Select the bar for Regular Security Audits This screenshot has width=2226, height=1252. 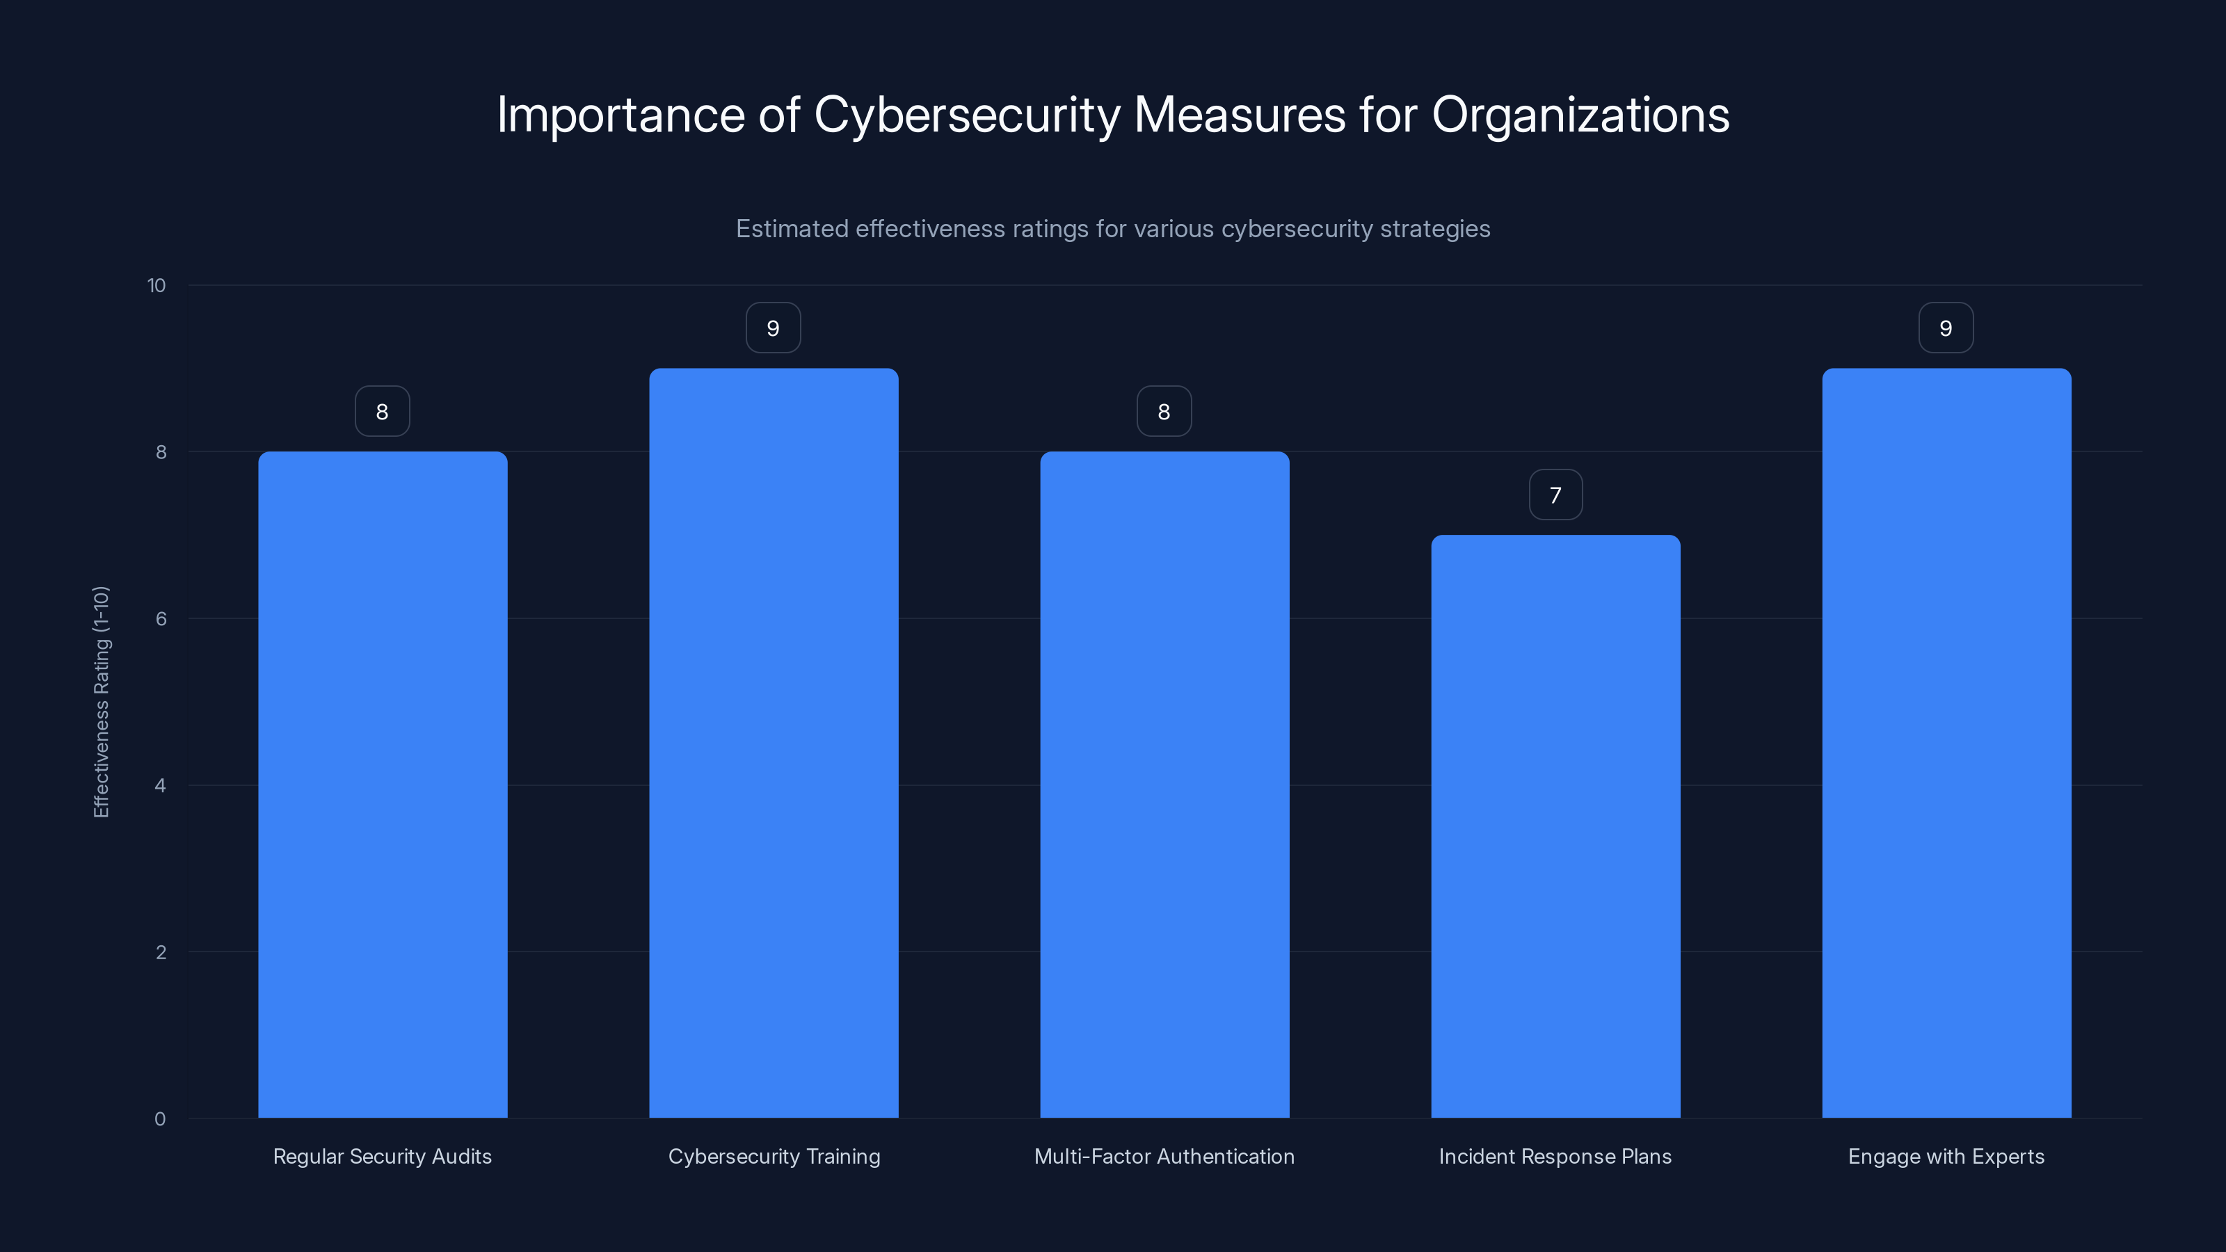pos(382,785)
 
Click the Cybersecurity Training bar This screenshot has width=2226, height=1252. pos(774,743)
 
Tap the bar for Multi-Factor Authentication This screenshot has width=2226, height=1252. pos(1164,785)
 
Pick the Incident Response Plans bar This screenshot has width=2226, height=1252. pos(1555,826)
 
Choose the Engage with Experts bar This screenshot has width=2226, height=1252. pos(1946,743)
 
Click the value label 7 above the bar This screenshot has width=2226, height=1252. pos(1555,495)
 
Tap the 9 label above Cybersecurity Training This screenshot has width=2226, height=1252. pos(774,328)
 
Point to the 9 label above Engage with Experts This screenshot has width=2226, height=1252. pos(1946,328)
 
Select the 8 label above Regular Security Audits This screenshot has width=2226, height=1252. pos(382,412)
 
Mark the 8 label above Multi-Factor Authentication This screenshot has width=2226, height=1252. pos(1164,412)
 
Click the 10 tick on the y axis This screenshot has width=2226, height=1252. pos(157,286)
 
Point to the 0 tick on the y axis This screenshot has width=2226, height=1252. pos(160,1119)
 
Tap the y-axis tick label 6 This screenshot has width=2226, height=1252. pos(161,618)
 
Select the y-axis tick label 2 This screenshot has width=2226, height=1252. pos(161,952)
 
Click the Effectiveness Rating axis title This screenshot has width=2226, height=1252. pos(101,702)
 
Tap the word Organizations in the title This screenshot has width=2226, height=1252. pos(1580,115)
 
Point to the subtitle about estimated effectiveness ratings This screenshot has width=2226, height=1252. pos(1113,229)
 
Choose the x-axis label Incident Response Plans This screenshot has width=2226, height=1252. pos(1555,1156)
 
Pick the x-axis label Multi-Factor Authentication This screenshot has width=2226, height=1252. pos(1164,1156)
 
